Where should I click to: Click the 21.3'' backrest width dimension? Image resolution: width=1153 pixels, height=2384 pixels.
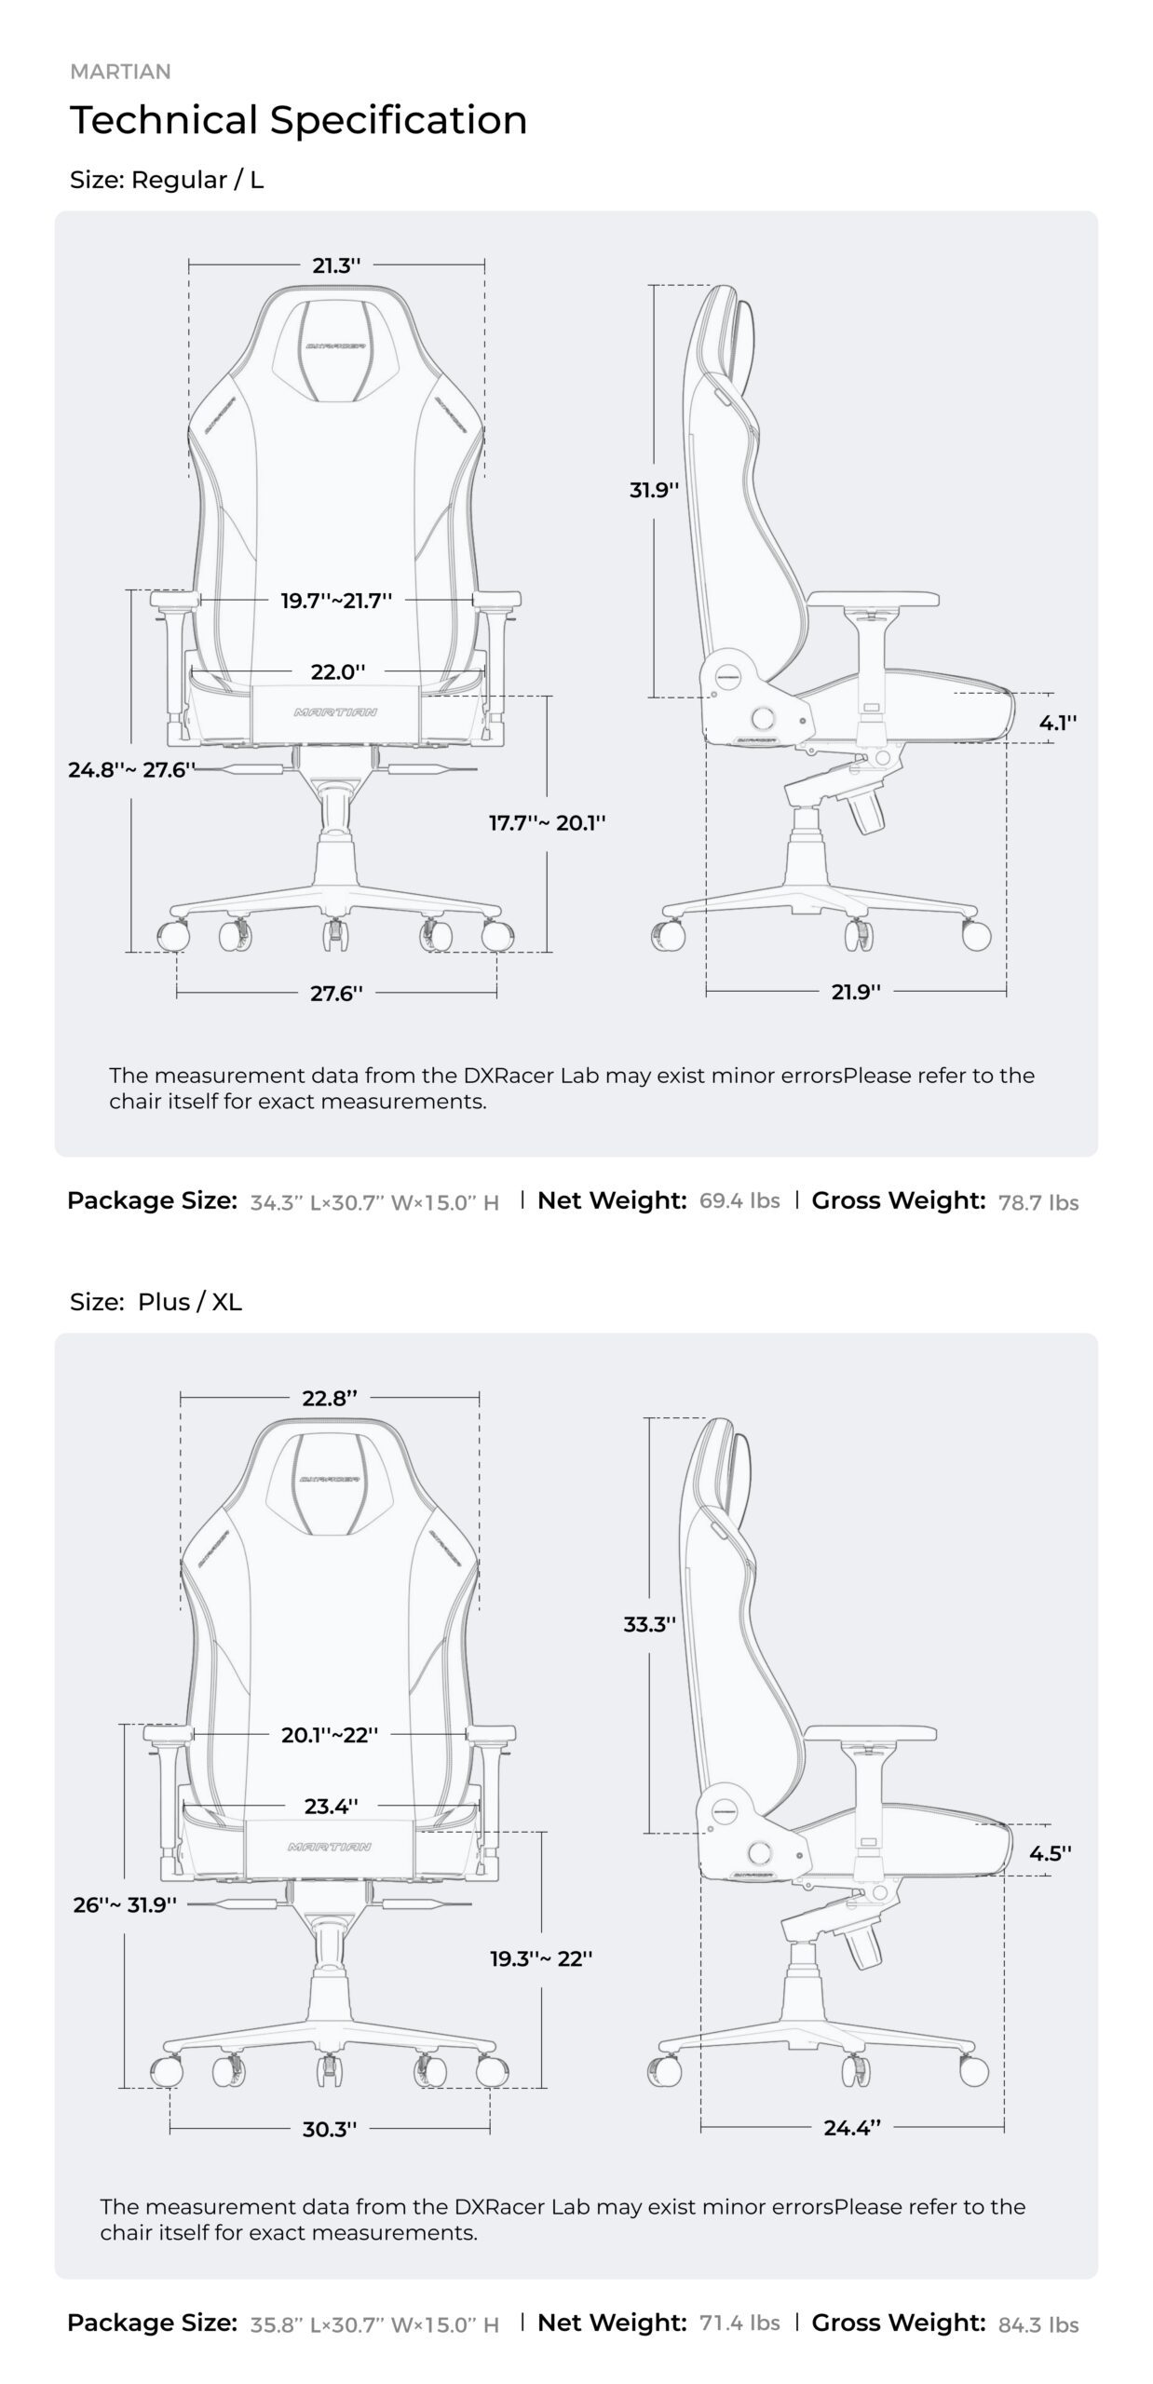click(336, 265)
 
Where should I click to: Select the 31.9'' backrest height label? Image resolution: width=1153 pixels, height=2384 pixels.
click(654, 490)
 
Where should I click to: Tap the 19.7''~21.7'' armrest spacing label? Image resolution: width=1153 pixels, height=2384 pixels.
click(336, 601)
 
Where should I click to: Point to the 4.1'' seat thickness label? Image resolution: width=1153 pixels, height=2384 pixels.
click(1058, 722)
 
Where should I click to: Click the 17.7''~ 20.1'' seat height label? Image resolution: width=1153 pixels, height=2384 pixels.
click(547, 822)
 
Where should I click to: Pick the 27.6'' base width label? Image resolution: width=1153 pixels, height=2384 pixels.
click(336, 993)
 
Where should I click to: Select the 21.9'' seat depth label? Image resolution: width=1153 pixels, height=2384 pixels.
click(856, 992)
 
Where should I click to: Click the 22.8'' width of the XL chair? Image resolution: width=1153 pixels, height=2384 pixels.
click(330, 1398)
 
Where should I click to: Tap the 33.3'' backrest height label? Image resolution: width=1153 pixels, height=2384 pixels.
click(649, 1624)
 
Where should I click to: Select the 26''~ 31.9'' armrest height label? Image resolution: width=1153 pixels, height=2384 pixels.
click(125, 1904)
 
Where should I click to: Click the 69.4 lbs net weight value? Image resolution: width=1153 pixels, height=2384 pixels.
click(739, 1200)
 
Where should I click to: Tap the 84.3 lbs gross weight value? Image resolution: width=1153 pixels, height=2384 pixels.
click(1038, 2325)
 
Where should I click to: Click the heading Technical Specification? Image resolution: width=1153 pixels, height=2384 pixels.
click(298, 120)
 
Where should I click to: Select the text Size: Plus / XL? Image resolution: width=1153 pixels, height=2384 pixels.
click(156, 1302)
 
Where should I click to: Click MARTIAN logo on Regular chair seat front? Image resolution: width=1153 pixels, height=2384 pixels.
click(336, 712)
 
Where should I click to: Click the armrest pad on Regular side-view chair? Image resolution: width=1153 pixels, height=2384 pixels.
click(873, 600)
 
